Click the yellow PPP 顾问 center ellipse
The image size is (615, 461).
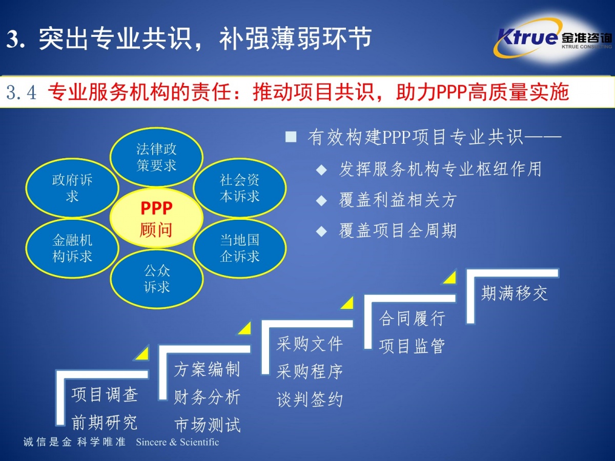point(156,218)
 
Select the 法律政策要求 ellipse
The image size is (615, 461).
point(156,157)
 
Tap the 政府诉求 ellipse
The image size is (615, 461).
point(72,188)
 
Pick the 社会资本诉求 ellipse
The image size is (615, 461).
point(239,188)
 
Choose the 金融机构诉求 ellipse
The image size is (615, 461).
point(72,248)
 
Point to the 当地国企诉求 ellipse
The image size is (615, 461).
point(239,248)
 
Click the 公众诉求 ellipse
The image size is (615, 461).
point(157,279)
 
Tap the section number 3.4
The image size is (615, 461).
point(22,93)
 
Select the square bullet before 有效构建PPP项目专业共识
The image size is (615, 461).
point(291,137)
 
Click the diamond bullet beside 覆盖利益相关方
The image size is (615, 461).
point(321,200)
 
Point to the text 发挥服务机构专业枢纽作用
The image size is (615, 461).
point(440,169)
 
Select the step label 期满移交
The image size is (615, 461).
point(514,294)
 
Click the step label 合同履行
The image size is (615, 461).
point(412,318)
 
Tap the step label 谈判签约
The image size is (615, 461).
point(310,399)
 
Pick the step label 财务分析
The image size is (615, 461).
point(207,396)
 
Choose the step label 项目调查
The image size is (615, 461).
point(105,394)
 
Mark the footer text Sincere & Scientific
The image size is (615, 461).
point(177,442)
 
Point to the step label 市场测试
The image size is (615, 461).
point(207,425)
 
